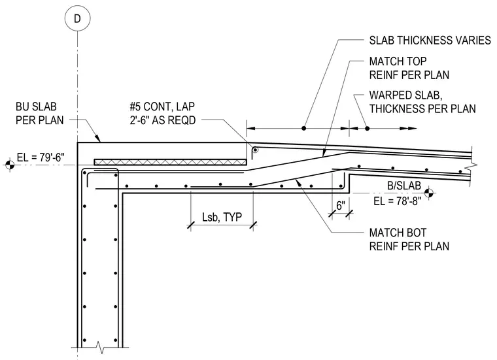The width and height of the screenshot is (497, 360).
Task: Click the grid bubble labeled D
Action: click(77, 18)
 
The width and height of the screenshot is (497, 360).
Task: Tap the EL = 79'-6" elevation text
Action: click(41, 157)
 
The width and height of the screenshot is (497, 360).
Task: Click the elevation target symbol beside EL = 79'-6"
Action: click(10, 165)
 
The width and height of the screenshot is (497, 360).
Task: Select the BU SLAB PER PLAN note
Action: click(40, 113)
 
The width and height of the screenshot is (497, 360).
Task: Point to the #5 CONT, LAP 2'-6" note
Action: click(162, 113)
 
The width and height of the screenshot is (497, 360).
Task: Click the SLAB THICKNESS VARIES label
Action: click(430, 41)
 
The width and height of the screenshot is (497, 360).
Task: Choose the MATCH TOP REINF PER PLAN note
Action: click(409, 68)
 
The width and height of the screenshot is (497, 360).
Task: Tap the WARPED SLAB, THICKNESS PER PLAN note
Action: click(422, 102)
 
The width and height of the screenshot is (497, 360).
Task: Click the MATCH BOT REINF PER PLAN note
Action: click(409, 240)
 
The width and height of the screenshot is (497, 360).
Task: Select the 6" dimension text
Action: click(341, 206)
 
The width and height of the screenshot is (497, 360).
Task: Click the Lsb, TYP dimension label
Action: click(222, 217)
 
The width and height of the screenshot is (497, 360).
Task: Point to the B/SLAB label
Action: click(404, 186)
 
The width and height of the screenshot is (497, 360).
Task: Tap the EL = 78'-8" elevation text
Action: click(398, 201)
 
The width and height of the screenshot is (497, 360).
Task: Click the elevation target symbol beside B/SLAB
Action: click(428, 192)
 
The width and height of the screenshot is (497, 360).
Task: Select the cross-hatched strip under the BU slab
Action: click(171, 162)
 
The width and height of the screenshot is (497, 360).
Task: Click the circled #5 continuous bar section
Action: click(255, 150)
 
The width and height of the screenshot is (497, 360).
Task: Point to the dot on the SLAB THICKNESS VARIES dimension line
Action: click(303, 128)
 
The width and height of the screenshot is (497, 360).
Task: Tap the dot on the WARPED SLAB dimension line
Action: click(367, 128)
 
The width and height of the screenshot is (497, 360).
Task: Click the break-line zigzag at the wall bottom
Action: click(100, 348)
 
